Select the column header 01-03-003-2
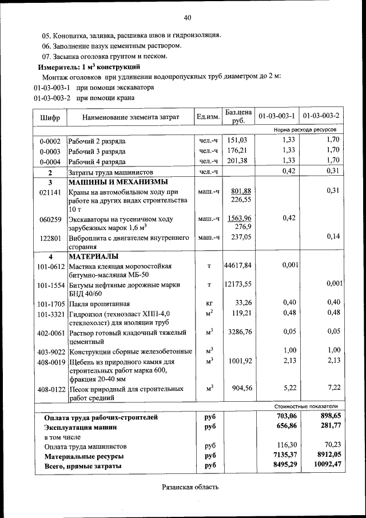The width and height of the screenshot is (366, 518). pyautogui.click(x=321, y=116)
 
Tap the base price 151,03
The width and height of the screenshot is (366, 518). pyautogui.click(x=237, y=140)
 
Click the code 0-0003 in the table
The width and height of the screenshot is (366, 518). pyautogui.click(x=50, y=151)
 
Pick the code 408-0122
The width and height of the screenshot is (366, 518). pyautogui.click(x=50, y=389)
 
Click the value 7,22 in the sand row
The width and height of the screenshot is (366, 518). pyautogui.click(x=333, y=388)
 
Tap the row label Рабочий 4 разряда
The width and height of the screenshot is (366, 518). pyautogui.click(x=97, y=161)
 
